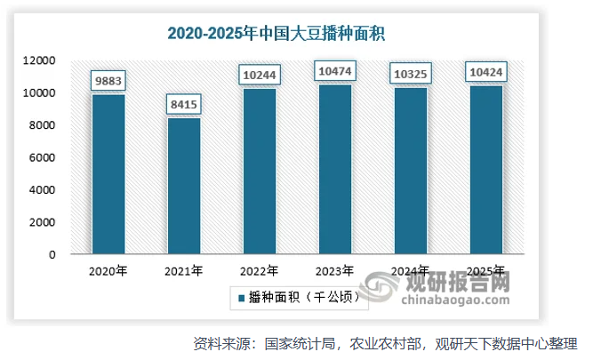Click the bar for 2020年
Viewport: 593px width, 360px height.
108,174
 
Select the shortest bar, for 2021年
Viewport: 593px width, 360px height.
183,186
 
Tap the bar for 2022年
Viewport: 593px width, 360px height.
259,172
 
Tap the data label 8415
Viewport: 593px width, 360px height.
183,106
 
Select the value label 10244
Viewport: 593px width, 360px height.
259,76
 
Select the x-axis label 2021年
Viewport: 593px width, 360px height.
184,271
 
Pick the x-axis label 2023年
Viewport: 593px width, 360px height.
334,271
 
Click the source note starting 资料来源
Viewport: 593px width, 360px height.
385,343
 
